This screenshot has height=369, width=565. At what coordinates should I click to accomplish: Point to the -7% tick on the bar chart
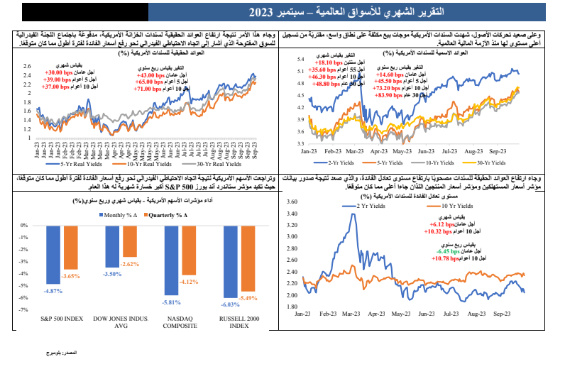point(24,310)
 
